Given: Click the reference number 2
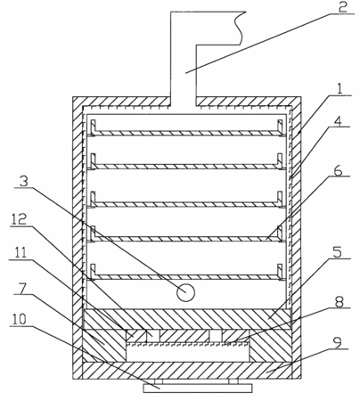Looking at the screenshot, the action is click(x=342, y=7).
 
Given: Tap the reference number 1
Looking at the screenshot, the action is click(x=340, y=88).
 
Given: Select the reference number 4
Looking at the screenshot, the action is click(x=338, y=121).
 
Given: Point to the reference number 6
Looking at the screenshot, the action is click(x=339, y=171).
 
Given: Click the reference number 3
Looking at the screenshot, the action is click(x=24, y=181).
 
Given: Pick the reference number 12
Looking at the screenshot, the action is click(x=19, y=219).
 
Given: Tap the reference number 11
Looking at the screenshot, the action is click(x=18, y=253).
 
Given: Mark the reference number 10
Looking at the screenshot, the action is click(x=19, y=319).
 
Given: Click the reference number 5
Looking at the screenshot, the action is click(x=337, y=252).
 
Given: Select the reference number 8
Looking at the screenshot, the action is click(x=339, y=302).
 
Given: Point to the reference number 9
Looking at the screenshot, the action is click(x=337, y=342).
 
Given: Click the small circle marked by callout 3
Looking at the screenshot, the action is click(x=185, y=292).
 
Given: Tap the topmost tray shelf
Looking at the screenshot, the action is click(x=186, y=133).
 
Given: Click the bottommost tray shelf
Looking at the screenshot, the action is click(x=186, y=276).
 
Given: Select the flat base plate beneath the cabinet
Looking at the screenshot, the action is click(x=198, y=388).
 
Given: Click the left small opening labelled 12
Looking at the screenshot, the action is click(x=153, y=336).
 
